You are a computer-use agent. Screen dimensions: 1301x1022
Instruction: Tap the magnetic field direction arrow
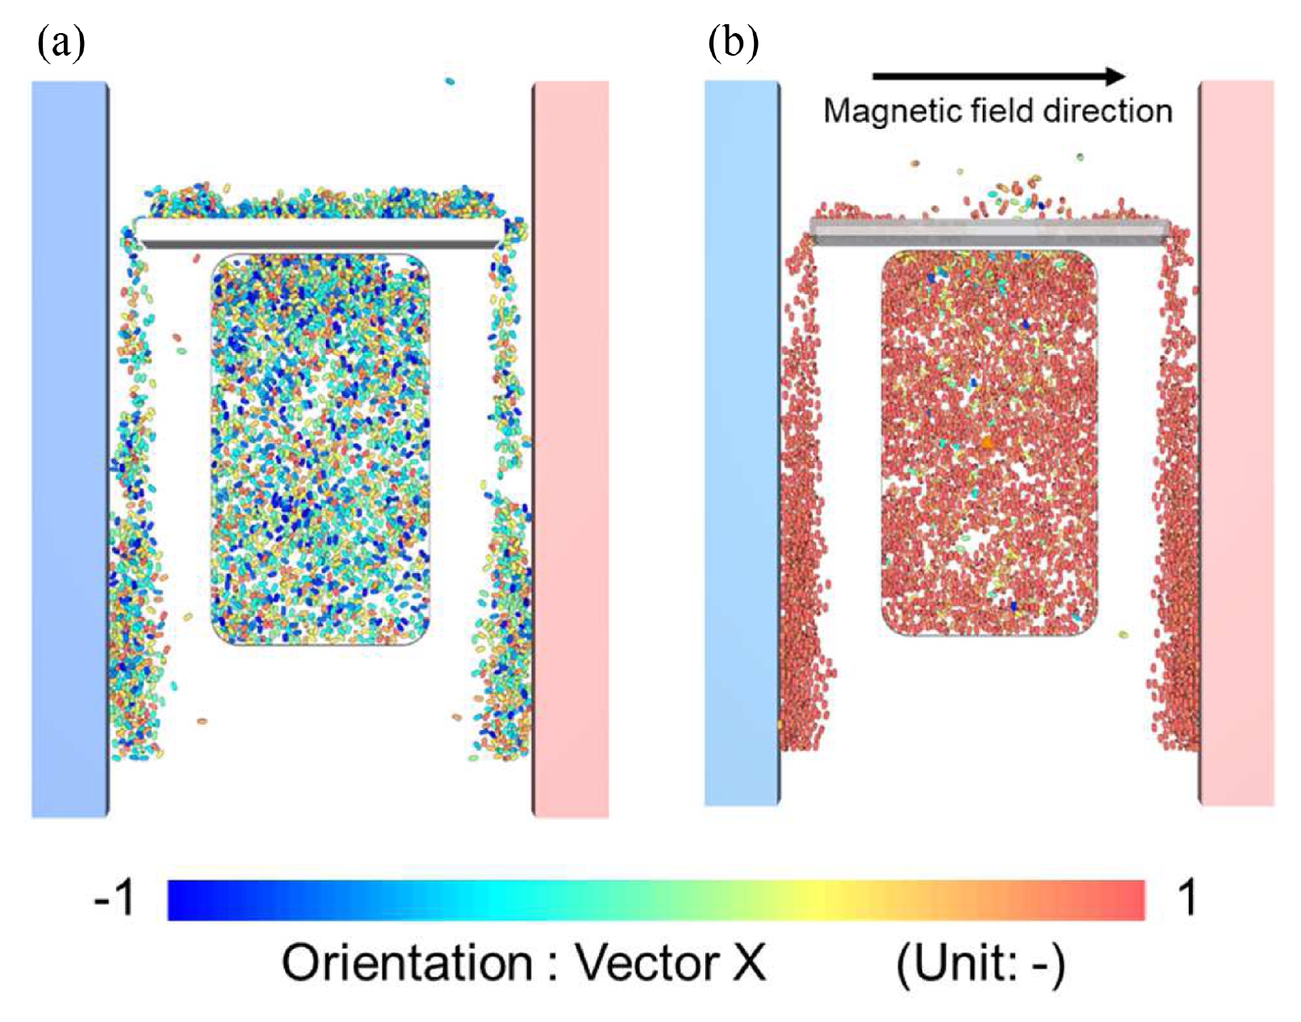[998, 76]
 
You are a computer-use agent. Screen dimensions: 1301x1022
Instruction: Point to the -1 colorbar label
[114, 898]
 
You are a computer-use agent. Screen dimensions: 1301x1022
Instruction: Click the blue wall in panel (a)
[70, 450]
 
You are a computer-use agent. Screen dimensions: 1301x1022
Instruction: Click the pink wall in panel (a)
[571, 450]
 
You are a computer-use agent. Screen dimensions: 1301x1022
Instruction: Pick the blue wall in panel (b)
[743, 443]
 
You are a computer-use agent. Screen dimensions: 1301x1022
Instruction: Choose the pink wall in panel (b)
[1236, 443]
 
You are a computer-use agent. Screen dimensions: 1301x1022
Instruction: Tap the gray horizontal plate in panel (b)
[990, 232]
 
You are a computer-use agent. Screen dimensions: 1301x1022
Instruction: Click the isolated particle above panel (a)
[450, 82]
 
